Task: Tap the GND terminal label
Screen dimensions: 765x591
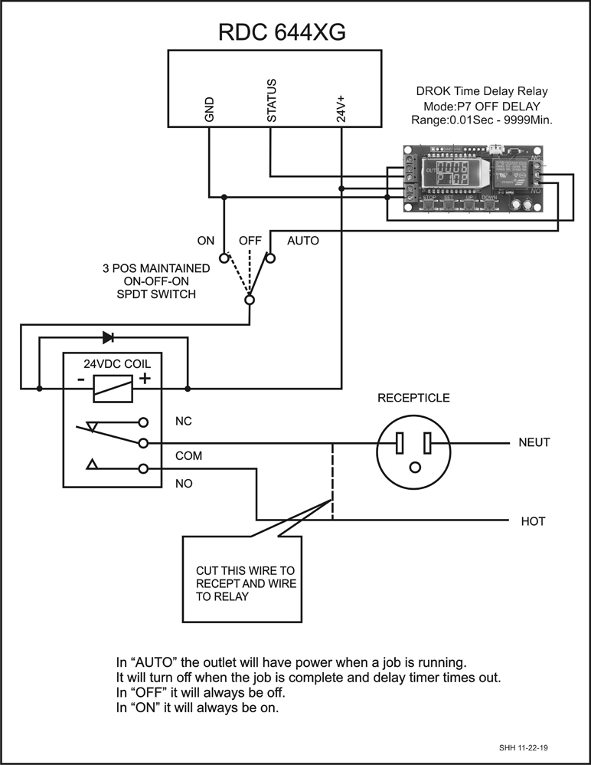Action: point(209,110)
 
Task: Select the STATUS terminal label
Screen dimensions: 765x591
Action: point(271,100)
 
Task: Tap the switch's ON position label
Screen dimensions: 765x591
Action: point(206,241)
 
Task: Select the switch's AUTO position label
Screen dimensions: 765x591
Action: point(302,241)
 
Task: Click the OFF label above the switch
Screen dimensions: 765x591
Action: point(250,241)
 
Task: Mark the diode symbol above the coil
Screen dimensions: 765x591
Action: point(109,337)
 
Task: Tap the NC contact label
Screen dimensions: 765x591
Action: point(183,422)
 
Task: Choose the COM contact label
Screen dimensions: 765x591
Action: point(188,455)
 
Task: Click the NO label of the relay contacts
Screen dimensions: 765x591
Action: point(184,484)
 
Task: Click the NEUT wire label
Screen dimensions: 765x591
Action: point(535,443)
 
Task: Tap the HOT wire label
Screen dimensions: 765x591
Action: point(533,521)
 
